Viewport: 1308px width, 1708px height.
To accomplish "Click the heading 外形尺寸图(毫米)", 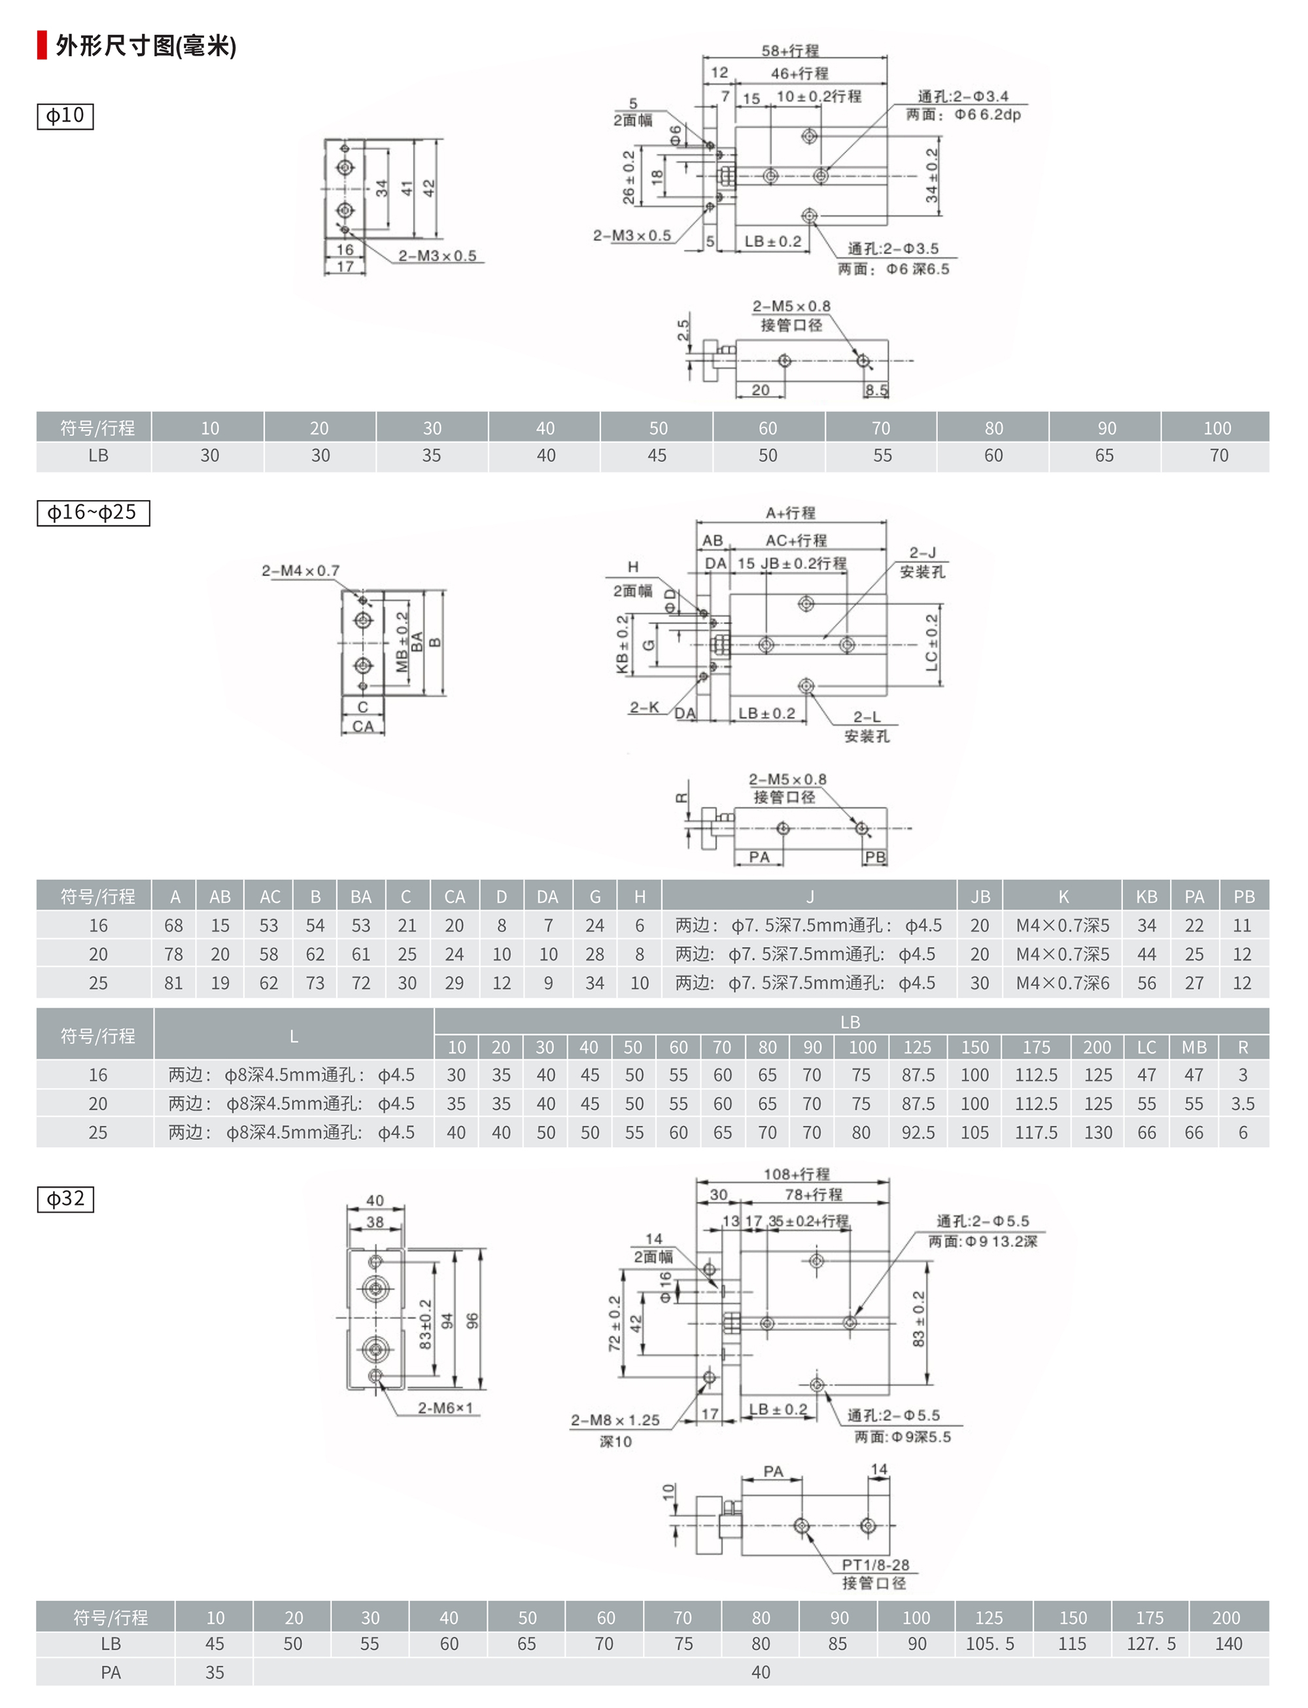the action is [x=146, y=46].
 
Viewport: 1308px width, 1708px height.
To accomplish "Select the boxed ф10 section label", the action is [x=65, y=116].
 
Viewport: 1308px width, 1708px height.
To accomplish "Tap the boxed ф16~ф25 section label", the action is [x=93, y=512].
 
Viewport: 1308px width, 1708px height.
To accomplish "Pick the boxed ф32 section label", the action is [x=65, y=1199].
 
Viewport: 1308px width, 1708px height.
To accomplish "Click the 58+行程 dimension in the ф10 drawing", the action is [x=790, y=50].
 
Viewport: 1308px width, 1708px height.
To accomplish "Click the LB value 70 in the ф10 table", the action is [x=1218, y=455].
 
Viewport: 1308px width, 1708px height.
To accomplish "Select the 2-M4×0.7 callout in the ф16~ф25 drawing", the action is [x=301, y=571].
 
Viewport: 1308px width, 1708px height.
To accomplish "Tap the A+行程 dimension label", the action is [x=790, y=512].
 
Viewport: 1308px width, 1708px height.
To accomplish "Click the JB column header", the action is [x=980, y=897].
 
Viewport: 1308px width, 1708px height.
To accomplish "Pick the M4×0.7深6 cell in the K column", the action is [x=1063, y=983].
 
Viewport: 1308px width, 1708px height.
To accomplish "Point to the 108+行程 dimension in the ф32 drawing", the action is [x=797, y=1174].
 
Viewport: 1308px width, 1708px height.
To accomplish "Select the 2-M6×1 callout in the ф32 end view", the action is [x=445, y=1408].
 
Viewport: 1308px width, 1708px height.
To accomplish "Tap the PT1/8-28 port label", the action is [x=875, y=1565].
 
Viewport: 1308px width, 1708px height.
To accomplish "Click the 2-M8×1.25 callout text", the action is [x=615, y=1420].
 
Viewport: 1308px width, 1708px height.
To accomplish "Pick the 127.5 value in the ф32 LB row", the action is [x=1151, y=1643].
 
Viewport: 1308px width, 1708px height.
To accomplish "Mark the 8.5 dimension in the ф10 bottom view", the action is [x=876, y=389].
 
